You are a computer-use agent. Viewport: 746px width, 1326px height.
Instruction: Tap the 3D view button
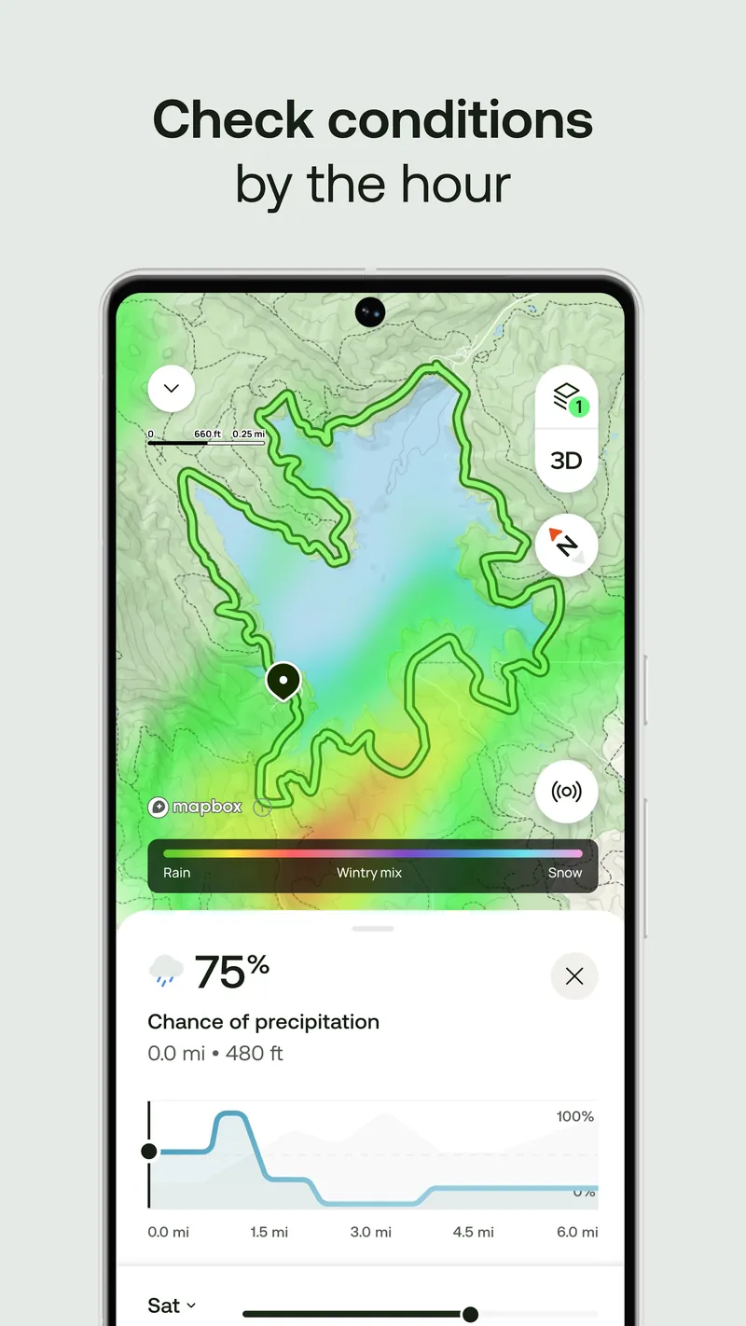coord(566,461)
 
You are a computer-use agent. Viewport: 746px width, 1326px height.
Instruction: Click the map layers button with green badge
coord(566,397)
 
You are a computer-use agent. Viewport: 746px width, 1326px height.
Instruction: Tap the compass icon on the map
coord(566,546)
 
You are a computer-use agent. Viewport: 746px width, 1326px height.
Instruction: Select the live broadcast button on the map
coord(566,792)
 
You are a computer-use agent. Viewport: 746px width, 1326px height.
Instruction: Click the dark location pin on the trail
coord(283,681)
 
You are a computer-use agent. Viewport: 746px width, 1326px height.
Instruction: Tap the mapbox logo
coord(195,807)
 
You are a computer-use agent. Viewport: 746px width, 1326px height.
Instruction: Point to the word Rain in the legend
coord(176,873)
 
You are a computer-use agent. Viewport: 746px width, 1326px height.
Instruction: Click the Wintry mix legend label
coord(369,873)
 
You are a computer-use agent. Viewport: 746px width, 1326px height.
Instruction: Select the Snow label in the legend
coord(565,873)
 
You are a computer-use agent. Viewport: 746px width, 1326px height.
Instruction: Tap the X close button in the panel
coord(574,976)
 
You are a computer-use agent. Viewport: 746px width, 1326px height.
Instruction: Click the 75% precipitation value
coord(231,973)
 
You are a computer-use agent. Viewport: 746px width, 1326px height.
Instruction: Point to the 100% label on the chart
coord(575,1116)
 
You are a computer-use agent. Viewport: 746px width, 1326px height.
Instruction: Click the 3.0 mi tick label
coord(371,1232)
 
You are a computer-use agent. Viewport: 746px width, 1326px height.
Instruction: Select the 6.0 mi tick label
coord(577,1232)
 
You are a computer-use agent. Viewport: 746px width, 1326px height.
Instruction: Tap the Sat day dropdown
coord(173,1306)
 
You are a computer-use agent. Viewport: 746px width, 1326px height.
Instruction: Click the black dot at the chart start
coord(149,1152)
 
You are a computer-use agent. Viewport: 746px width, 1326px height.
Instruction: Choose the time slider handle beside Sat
coord(470,1314)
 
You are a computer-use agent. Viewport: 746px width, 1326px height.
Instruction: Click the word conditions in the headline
coord(461,120)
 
